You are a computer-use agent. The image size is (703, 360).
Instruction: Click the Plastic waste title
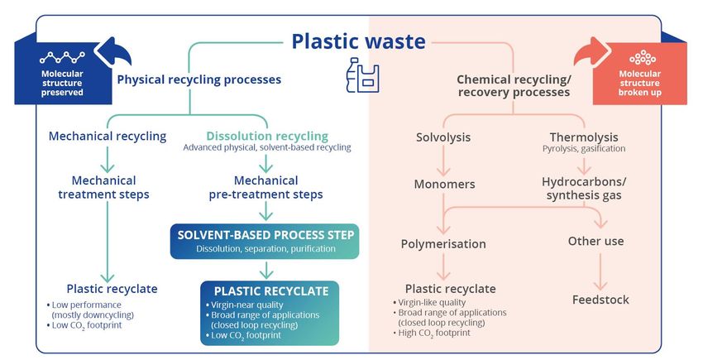[x=358, y=41]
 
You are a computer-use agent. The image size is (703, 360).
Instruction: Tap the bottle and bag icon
[x=363, y=75]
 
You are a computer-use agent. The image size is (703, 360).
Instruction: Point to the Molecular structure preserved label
[x=62, y=83]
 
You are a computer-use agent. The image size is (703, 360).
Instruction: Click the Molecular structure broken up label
[x=640, y=83]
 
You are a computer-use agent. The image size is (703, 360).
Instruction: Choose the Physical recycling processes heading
[x=199, y=80]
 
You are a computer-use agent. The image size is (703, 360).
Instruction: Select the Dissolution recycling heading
[x=267, y=136]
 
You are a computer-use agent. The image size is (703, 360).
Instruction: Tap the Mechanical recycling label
[x=108, y=137]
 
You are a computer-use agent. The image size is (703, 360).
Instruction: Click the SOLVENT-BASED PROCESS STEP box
[x=265, y=241]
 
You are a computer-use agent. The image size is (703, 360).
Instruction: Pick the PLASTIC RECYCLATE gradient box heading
[x=271, y=291]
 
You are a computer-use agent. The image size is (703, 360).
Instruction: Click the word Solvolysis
[x=443, y=137]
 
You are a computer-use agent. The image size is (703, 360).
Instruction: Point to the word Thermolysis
[x=584, y=137]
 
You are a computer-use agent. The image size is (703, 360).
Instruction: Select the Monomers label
[x=445, y=184]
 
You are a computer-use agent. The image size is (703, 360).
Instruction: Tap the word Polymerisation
[x=443, y=244]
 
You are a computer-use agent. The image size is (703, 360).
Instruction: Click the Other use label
[x=595, y=242]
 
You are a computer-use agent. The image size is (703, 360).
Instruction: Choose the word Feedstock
[x=600, y=300]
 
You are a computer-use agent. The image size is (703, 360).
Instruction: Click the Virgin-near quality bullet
[x=245, y=305]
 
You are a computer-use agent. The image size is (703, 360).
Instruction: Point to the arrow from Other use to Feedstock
[x=600, y=271]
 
